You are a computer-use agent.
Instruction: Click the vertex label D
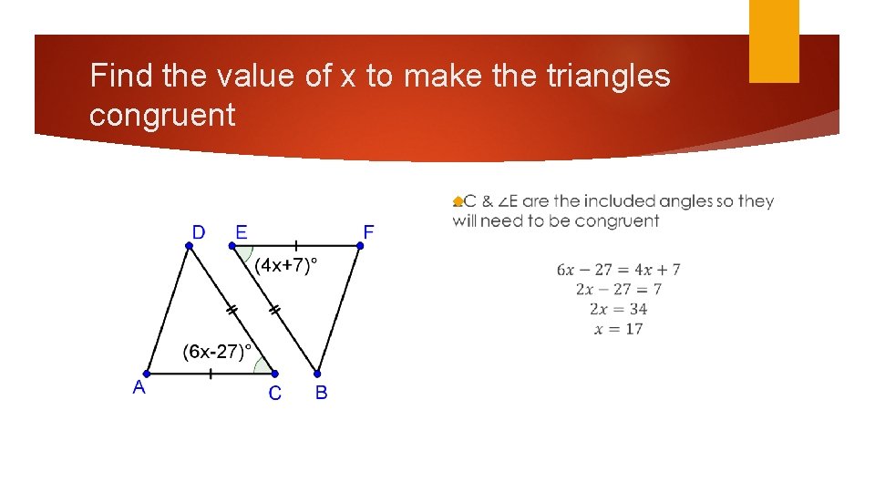198,232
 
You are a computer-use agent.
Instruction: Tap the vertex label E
241,232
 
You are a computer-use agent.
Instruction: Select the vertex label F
368,232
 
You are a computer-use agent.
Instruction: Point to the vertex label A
139,387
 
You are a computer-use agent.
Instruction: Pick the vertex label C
274,394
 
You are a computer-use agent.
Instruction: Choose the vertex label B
321,394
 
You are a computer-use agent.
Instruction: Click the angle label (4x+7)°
286,265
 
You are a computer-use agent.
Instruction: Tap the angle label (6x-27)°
217,352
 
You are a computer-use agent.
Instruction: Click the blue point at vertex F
360,245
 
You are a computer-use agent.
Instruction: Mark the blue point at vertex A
147,374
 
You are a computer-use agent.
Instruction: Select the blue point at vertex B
317,374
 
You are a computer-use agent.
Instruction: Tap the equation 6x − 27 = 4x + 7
618,270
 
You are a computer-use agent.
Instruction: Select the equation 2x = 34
618,309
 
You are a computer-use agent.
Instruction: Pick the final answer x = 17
618,329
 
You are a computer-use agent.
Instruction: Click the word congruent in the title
162,116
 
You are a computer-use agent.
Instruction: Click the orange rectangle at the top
774,41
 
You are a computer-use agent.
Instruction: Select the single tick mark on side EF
295,245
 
